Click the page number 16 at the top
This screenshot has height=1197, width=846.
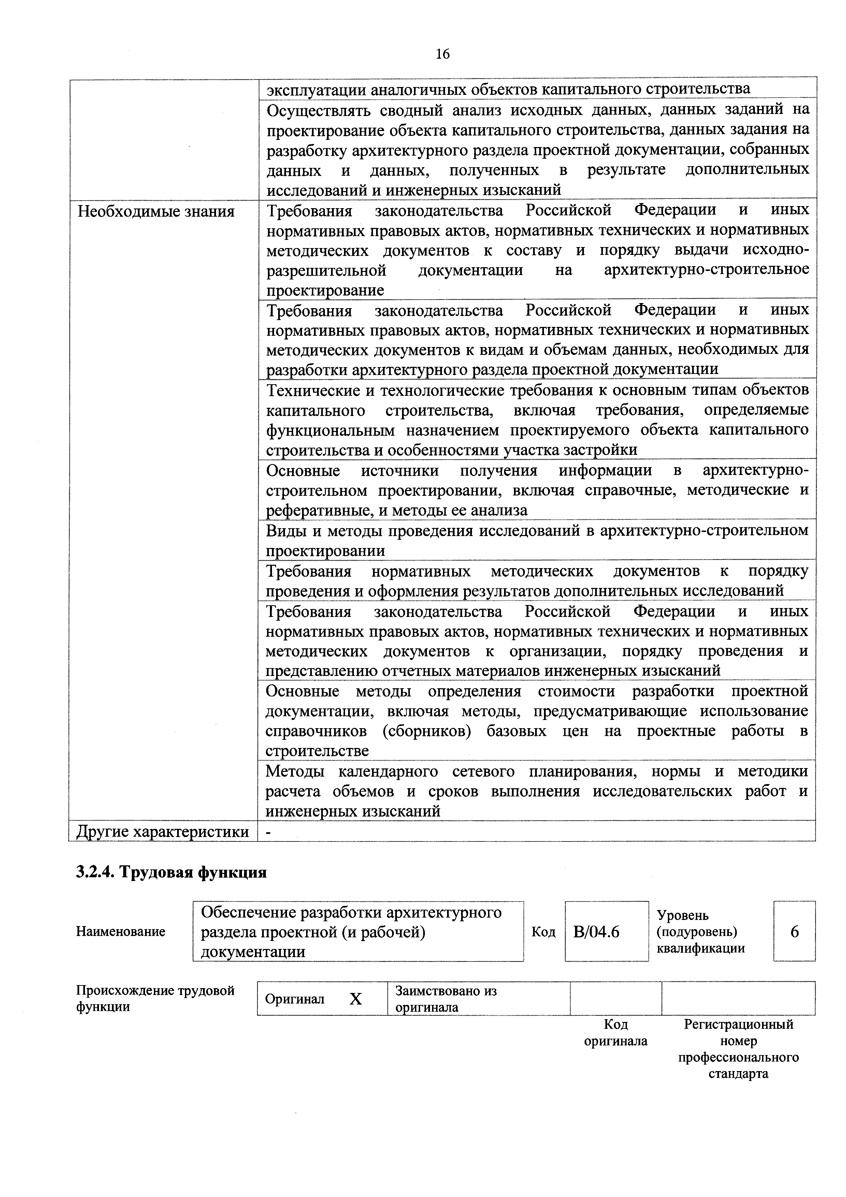point(442,54)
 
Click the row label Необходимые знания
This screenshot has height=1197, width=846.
point(156,212)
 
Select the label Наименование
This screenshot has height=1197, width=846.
point(120,932)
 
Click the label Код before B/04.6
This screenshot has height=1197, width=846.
point(543,932)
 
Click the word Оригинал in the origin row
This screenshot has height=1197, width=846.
point(295,999)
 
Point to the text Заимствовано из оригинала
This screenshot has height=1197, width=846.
point(446,999)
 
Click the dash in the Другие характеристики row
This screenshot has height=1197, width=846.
point(269,832)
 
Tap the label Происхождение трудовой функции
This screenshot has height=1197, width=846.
point(155,998)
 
